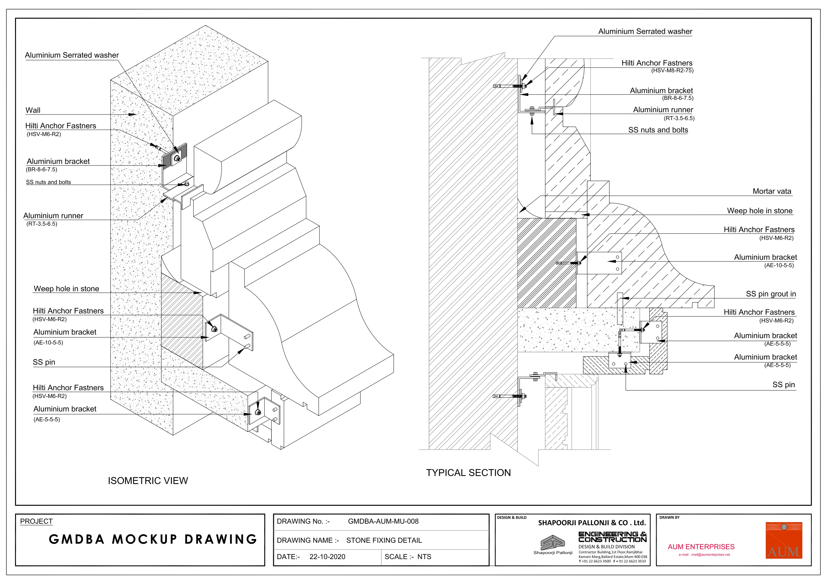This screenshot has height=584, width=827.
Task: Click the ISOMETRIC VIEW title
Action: tap(148, 481)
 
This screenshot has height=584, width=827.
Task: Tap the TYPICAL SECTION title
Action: tap(468, 473)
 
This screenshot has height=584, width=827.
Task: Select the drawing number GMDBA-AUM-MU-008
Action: tap(383, 521)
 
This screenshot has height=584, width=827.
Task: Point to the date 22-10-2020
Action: tap(327, 557)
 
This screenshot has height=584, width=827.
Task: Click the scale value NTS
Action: tap(424, 557)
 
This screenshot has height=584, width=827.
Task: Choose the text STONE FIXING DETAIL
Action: tap(384, 540)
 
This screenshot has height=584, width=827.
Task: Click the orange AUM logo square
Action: tap(784, 540)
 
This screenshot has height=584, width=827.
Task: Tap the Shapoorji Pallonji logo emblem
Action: tap(553, 542)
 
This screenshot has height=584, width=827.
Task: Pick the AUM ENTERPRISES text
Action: tap(701, 547)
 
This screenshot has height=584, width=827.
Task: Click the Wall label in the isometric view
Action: tap(33, 110)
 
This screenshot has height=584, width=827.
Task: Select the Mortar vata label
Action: tap(772, 191)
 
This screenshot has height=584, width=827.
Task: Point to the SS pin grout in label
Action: tap(771, 294)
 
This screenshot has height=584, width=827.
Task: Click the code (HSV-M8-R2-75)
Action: tap(672, 71)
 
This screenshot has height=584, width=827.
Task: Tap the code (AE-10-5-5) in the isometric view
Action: tap(48, 342)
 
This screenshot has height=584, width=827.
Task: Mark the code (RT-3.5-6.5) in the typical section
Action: tap(679, 118)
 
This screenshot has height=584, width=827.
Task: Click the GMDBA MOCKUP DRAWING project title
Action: tap(153, 539)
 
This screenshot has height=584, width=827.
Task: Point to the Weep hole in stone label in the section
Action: tap(760, 211)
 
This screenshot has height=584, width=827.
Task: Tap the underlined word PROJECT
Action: tap(36, 521)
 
